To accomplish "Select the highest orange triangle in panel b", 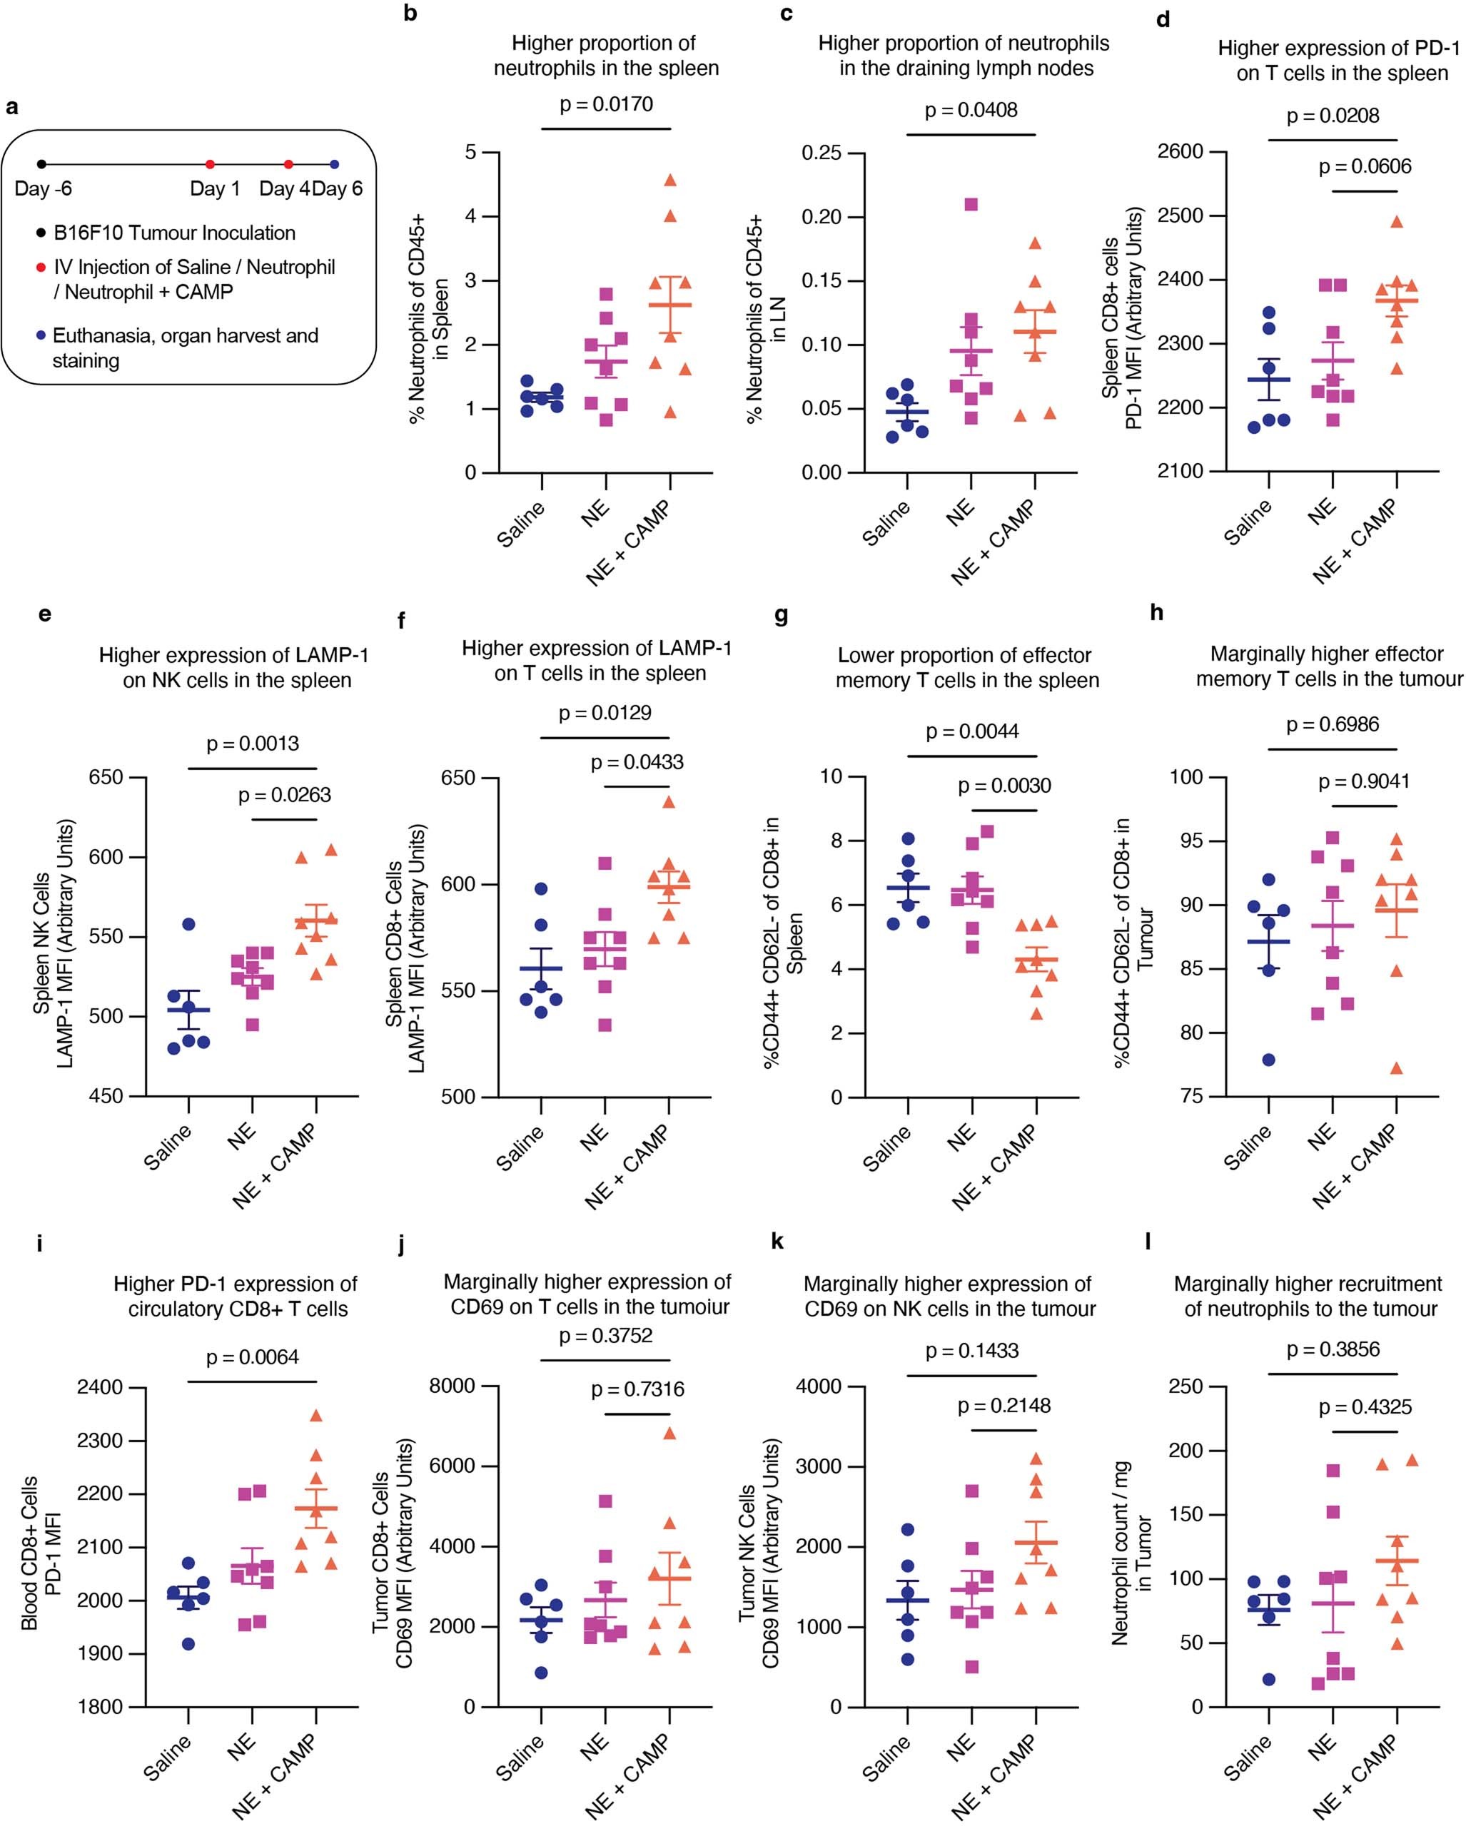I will pos(670,181).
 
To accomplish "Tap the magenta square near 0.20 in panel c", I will pos(971,204).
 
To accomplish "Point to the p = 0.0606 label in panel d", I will pos(1365,167).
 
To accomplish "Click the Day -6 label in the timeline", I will pos(44,188).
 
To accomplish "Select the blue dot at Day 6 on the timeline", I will pos(334,164).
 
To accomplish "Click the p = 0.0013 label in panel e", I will pos(253,744).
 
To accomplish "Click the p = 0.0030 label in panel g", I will pos(1004,786).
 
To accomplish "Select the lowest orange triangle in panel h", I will pos(1397,1069).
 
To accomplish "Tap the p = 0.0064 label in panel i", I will pos(253,1359).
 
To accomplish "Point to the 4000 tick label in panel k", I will pos(818,1386).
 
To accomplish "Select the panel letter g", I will pos(781,617).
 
